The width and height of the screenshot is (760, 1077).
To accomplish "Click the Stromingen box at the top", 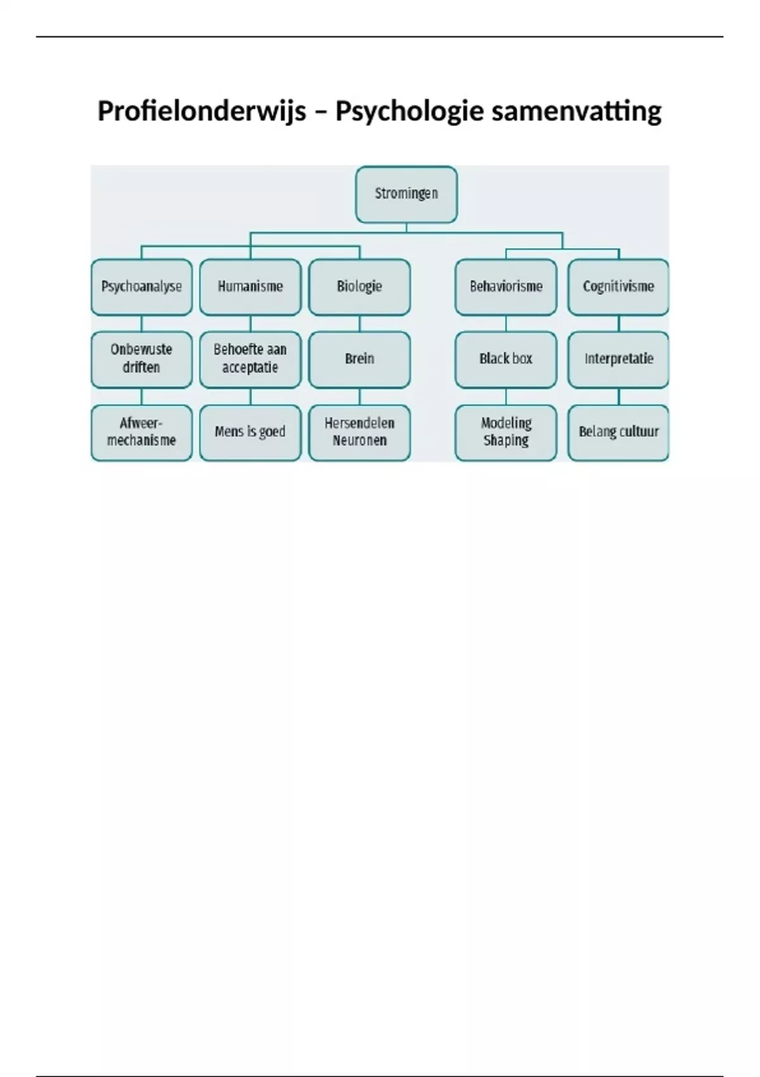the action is (x=406, y=194).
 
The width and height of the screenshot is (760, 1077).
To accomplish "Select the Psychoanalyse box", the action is (x=141, y=287).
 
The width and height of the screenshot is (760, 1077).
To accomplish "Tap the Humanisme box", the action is (x=250, y=287).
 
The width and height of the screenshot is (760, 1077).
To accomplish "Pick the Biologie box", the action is (x=360, y=287).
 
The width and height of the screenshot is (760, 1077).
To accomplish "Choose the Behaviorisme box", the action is (x=505, y=287).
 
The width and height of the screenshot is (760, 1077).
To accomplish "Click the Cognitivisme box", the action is (x=618, y=287).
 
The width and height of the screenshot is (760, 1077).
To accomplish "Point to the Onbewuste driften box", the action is (x=141, y=360).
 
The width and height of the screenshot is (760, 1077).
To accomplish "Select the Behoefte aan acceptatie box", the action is (x=250, y=360).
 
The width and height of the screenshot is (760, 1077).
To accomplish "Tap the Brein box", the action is (x=360, y=360).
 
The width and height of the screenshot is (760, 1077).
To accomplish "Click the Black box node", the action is (x=505, y=360).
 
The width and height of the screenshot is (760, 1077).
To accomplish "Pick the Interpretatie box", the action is (x=618, y=360).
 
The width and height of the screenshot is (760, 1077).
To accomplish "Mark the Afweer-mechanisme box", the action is (x=141, y=433).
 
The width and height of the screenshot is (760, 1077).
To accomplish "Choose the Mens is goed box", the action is (x=250, y=433).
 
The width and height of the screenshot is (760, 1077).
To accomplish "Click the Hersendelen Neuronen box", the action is (x=360, y=433).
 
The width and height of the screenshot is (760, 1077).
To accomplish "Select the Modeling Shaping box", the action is (x=505, y=433).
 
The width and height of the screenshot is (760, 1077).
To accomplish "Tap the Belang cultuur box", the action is (x=618, y=433).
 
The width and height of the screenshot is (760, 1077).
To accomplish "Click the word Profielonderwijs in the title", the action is (x=202, y=112).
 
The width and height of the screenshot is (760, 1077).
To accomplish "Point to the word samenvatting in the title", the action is (x=576, y=112).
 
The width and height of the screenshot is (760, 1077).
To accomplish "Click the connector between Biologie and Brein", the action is (x=360, y=324).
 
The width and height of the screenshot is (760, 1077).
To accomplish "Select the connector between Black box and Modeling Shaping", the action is (x=505, y=397).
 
